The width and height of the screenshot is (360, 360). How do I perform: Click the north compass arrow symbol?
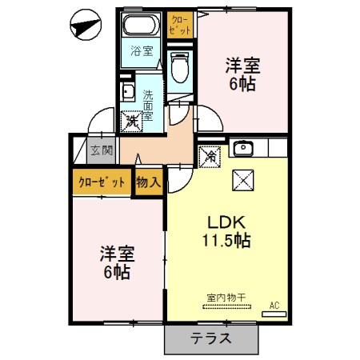(x=83, y=27)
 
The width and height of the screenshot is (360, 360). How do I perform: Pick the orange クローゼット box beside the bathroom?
(x=181, y=24)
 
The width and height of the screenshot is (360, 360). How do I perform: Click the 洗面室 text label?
(x=149, y=104)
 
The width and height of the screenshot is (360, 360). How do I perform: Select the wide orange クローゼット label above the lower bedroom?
(x=102, y=182)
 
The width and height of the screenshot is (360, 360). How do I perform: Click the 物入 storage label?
(x=149, y=182)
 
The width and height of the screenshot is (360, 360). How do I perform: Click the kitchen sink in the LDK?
(x=242, y=148)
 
